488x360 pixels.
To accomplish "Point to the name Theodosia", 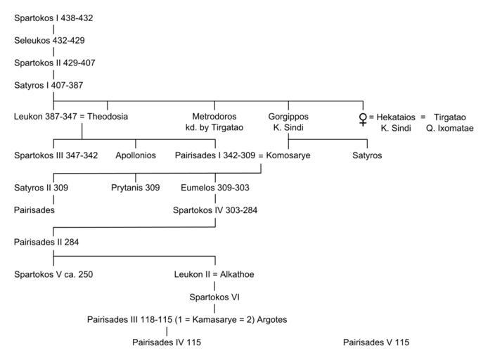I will [108, 116].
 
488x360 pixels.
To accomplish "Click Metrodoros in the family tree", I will [214, 116].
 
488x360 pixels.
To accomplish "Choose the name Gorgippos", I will [288, 116].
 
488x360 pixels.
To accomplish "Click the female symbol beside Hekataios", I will [363, 117].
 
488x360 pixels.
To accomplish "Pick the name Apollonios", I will [136, 155].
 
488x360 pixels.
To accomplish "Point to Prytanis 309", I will [136, 188].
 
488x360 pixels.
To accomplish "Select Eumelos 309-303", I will [214, 188].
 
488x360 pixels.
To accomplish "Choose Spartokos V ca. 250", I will [53, 274].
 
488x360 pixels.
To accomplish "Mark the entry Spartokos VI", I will [214, 297].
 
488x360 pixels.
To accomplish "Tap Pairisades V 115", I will [375, 342].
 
